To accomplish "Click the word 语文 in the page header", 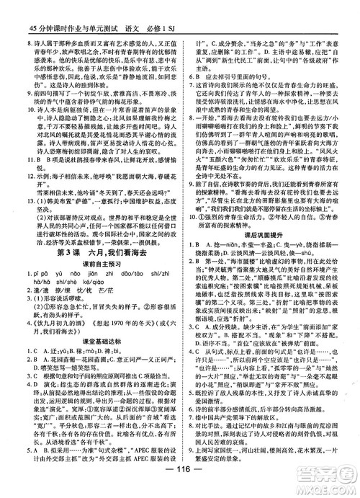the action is tap(136, 9).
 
